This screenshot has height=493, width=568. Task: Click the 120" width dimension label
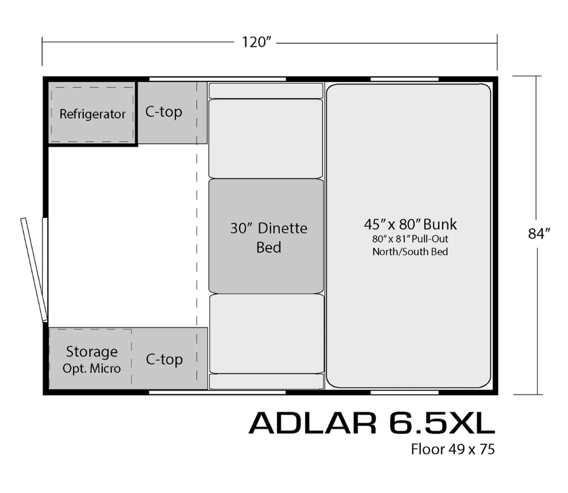(256, 42)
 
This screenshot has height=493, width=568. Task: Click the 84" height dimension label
(539, 234)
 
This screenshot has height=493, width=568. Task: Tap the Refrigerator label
(92, 114)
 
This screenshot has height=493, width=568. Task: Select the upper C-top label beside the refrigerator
(164, 112)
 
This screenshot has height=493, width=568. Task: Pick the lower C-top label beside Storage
(164, 359)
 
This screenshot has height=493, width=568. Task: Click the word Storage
(92, 352)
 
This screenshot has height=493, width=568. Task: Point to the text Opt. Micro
(92, 368)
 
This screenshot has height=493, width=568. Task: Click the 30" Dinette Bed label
(269, 237)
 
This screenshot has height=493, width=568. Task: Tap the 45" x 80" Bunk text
(410, 224)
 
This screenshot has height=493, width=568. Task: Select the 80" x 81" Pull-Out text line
(410, 239)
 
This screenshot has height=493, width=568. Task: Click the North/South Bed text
(410, 251)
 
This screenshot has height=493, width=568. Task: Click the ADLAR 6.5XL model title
(372, 423)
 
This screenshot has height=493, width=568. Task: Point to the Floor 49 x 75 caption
(453, 449)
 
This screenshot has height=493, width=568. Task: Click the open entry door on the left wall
(34, 270)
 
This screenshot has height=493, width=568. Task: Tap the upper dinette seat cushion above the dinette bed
(266, 139)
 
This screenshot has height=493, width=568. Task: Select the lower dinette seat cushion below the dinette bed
(267, 334)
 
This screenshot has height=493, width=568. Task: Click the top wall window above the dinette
(217, 79)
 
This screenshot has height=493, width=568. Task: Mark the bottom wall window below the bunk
(404, 392)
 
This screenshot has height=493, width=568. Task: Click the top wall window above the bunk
(404, 79)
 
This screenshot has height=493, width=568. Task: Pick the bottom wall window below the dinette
(217, 392)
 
